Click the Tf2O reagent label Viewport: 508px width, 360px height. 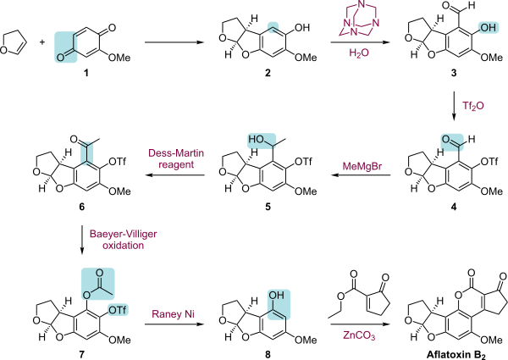click(473, 106)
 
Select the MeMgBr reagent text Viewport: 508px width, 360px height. click(362, 166)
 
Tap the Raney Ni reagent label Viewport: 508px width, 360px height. click(173, 314)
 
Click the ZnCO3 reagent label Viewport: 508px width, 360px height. click(359, 335)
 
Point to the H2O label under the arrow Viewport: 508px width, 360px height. click(359, 53)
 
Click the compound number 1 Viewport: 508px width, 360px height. click(86, 73)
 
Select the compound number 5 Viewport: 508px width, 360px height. click(268, 207)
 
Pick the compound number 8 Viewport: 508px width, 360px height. click(268, 354)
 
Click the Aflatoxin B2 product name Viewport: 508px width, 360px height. click(456, 355)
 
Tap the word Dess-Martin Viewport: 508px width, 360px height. click(176, 153)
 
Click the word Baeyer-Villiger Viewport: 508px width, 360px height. click(123, 234)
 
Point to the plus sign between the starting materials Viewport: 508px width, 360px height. click(42, 42)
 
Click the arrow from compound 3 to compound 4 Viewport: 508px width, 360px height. click(454, 106)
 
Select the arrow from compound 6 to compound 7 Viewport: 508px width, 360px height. click(82, 239)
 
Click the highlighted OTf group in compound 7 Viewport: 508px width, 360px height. click(118, 310)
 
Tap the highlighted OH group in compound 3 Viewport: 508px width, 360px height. click(489, 28)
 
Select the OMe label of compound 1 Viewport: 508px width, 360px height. click(119, 58)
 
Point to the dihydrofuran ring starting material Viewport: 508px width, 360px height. click(13, 42)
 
